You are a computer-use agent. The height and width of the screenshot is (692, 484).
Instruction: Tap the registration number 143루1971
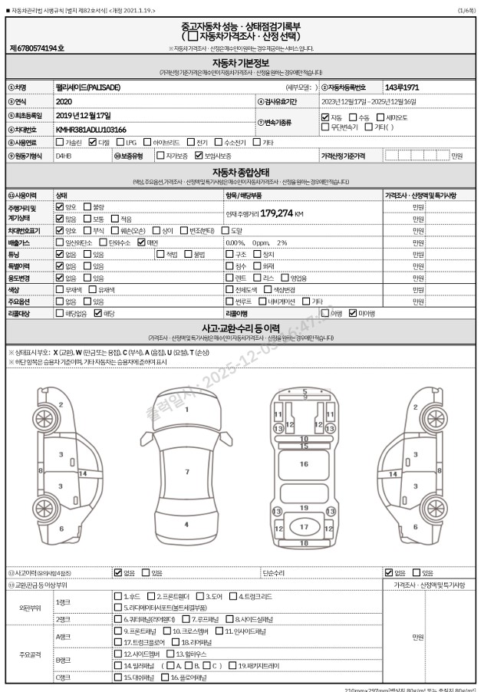(x=402, y=87)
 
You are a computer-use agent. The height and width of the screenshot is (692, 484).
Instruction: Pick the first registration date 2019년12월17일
(x=84, y=115)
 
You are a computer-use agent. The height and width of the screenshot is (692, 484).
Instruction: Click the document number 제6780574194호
(x=37, y=48)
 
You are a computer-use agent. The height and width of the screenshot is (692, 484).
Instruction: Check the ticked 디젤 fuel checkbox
(x=92, y=142)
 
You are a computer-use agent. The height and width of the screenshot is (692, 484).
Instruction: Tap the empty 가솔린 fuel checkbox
(x=59, y=142)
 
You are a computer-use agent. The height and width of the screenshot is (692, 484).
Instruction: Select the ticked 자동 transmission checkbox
(x=325, y=117)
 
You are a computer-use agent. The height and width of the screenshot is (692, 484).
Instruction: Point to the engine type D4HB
(x=64, y=156)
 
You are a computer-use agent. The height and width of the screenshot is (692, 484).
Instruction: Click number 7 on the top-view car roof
(x=186, y=471)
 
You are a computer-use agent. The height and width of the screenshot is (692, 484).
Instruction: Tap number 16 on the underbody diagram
(x=304, y=463)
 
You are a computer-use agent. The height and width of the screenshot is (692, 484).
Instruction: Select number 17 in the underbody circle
(x=304, y=527)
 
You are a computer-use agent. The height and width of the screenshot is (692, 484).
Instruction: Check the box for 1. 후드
(x=117, y=596)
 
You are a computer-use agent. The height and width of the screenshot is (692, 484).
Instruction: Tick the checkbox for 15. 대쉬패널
(x=117, y=677)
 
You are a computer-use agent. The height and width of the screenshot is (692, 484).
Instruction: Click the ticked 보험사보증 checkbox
(x=198, y=156)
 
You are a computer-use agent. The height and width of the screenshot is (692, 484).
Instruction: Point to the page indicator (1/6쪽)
(x=466, y=9)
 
